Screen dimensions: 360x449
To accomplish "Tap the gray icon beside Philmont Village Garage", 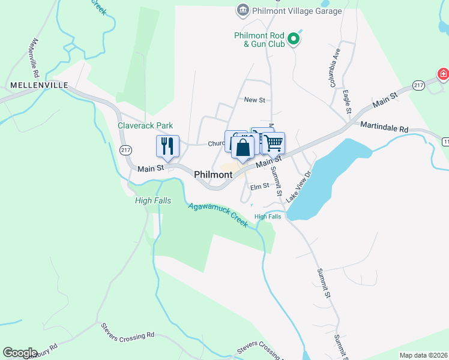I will [243, 10].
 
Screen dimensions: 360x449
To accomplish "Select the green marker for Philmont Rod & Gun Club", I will [294, 40].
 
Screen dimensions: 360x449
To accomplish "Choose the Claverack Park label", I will [145, 125].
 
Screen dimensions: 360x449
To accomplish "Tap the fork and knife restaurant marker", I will [167, 146].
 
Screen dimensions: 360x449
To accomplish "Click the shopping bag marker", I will [243, 148].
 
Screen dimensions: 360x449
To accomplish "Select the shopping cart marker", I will [273, 143].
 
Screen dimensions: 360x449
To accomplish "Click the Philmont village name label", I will [213, 174].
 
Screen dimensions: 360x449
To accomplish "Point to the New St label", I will [254, 100].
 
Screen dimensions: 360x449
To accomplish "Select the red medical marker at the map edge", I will [443, 74].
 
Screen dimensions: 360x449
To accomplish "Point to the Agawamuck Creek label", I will [218, 214].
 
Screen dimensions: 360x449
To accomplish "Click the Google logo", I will [20, 353].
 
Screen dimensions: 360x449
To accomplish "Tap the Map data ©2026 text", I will [423, 355].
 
